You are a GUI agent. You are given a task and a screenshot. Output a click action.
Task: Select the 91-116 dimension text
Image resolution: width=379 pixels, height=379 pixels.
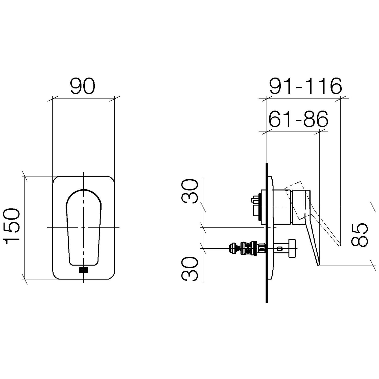[305, 86]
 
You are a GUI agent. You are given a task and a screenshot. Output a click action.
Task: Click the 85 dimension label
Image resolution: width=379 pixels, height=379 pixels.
[360, 235]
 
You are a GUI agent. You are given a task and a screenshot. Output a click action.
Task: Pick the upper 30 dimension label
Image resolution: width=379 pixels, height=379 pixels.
[190, 191]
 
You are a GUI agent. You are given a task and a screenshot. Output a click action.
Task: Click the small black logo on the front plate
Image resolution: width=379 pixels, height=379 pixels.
[83, 270]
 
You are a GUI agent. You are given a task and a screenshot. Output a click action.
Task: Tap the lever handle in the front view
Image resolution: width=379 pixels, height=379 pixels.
[83, 227]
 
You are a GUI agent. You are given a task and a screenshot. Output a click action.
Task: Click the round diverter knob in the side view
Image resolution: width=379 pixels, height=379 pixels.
[292, 248]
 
